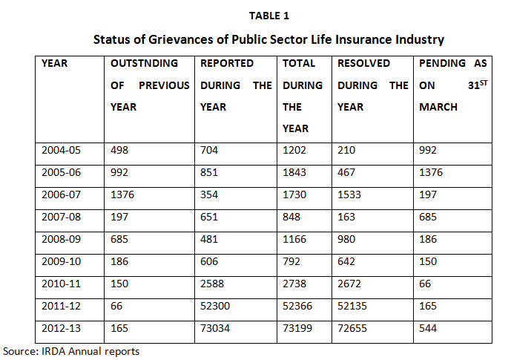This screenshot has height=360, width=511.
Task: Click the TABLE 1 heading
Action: pos(269,16)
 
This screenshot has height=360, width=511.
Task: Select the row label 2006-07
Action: pos(61,194)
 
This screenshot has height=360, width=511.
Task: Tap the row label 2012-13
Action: pos(61,328)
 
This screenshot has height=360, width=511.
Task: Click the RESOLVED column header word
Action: pos(363,63)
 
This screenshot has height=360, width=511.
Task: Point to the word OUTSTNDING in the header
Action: pos(145,63)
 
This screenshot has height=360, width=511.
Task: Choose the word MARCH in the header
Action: pos(438,107)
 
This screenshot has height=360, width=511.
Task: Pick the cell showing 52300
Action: pos(215,306)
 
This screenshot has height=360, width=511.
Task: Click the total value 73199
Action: pos(297,328)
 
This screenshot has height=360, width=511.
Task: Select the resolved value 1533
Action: pos(349,194)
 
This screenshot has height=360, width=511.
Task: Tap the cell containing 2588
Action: pos(212,284)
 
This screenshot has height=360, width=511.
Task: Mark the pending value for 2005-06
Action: pos(431,172)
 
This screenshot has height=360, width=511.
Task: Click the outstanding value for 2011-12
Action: pos(116,306)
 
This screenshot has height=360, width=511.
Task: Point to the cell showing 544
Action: pos(428,328)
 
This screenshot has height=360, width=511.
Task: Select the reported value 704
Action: pos(209,150)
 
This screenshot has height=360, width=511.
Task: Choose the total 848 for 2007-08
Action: pos(291,217)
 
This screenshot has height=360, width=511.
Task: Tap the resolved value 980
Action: pos(346,239)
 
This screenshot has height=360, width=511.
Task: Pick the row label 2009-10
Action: pos(61,261)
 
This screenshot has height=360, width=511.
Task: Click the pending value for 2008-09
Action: pos(428,239)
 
